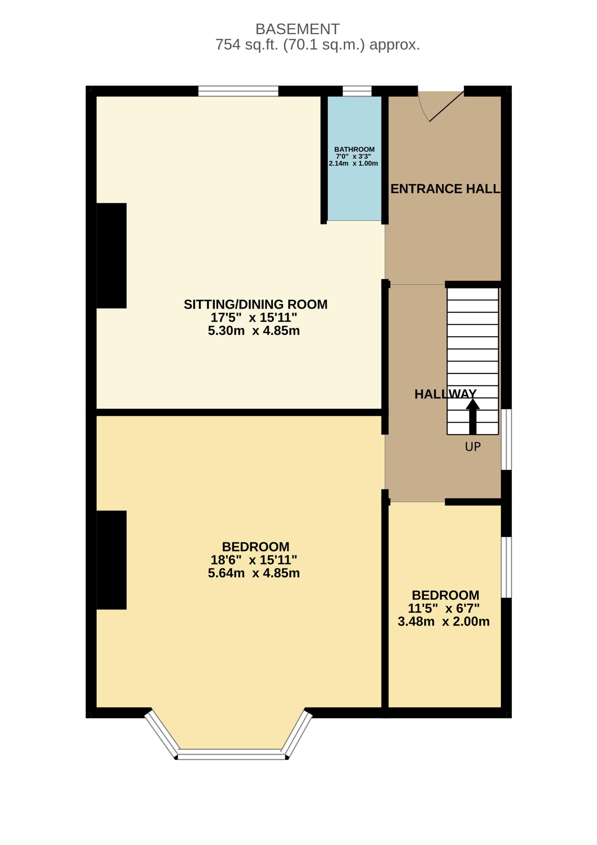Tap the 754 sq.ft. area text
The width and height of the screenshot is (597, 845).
[x=317, y=45]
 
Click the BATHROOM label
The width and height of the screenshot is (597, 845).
[x=354, y=150]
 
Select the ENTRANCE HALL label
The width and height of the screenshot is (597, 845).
[x=445, y=189]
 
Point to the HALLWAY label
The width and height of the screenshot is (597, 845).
[x=445, y=394]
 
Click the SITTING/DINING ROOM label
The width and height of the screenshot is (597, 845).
[x=256, y=304]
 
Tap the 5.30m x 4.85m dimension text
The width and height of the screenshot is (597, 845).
[x=254, y=330]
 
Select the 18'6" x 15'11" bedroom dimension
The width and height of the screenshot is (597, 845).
[x=254, y=560]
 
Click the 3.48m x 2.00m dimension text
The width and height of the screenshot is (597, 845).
[x=443, y=621]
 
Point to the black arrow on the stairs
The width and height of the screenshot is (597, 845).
[x=473, y=416]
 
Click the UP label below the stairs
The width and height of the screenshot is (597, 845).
[x=473, y=447]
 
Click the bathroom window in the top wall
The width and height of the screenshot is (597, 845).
[x=357, y=91]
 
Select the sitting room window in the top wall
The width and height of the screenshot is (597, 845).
[x=238, y=91]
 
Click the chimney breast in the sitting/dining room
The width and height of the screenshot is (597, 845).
[x=112, y=256]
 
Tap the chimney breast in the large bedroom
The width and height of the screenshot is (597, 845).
[x=112, y=560]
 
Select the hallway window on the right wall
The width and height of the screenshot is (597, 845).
[x=507, y=439]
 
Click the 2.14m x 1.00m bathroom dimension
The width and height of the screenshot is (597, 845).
[x=353, y=163]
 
